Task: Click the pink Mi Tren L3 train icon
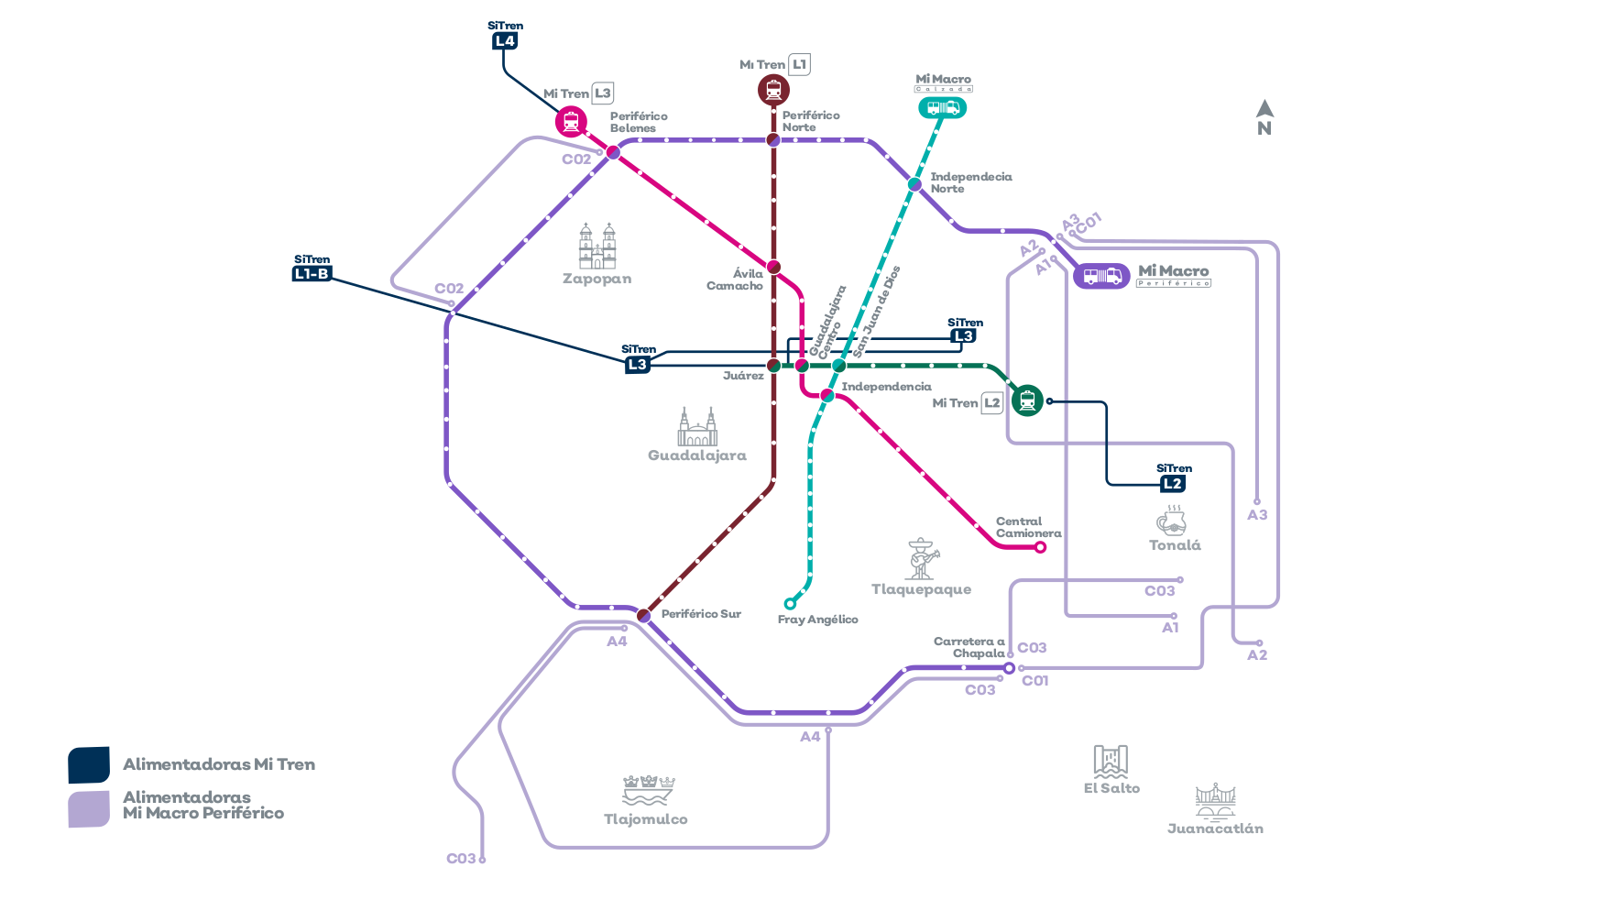click(x=571, y=122)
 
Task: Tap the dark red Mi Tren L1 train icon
click(x=773, y=90)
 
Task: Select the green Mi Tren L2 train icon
click(x=1027, y=401)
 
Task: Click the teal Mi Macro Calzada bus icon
click(x=943, y=108)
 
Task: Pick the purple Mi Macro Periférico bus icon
click(x=1101, y=276)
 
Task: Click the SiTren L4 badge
click(x=505, y=40)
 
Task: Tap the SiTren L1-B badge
click(x=312, y=273)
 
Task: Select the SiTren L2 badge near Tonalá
click(x=1173, y=483)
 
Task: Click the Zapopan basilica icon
click(x=597, y=246)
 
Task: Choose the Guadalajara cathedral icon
click(x=697, y=427)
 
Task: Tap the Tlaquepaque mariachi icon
click(x=921, y=559)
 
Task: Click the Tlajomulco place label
click(x=646, y=819)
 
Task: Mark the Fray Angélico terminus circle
click(x=790, y=604)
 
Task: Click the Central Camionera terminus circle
click(x=1040, y=547)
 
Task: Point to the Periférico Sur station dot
click(x=644, y=615)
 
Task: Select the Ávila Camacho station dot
click(x=773, y=267)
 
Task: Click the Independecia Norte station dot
click(x=914, y=184)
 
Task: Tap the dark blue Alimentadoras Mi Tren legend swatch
click(x=89, y=765)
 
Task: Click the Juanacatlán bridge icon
click(x=1215, y=801)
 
